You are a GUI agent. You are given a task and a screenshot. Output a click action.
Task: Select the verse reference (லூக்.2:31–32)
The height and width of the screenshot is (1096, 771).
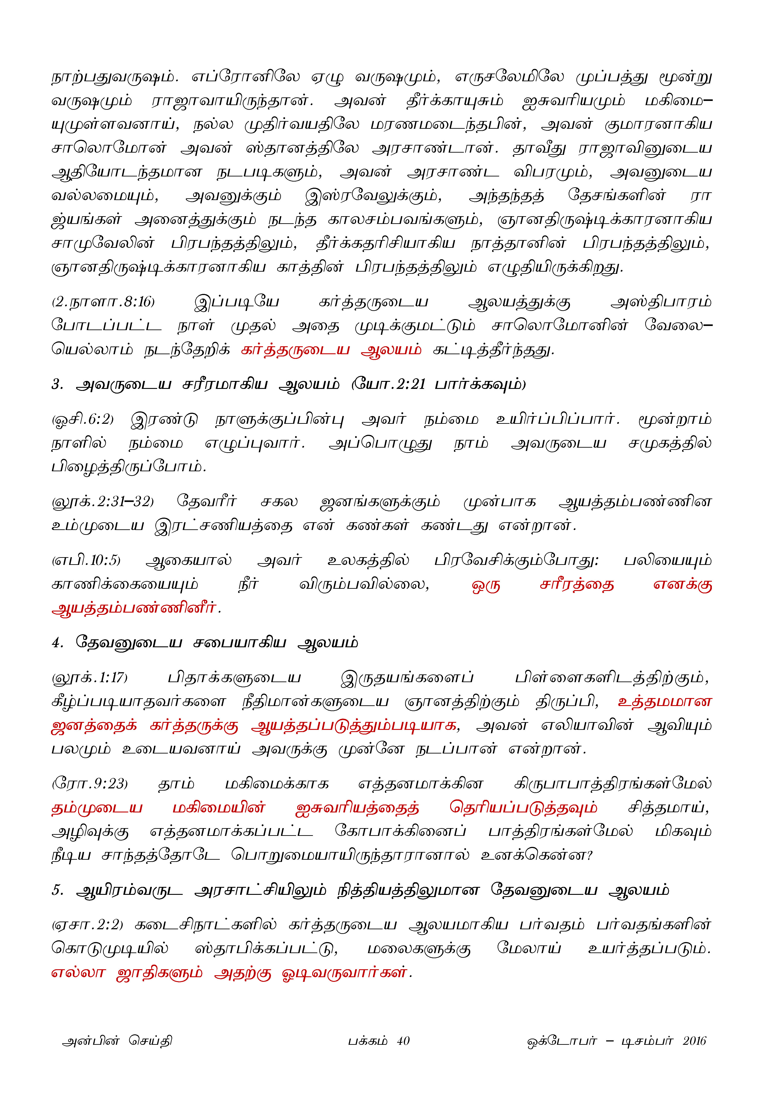[x=103, y=502]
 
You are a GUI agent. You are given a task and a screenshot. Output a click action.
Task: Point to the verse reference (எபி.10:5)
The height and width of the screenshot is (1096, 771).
[x=86, y=560]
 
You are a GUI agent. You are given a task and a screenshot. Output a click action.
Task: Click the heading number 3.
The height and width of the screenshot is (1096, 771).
[x=57, y=384]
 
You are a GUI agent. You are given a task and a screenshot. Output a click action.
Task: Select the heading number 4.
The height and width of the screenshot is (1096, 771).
[x=57, y=643]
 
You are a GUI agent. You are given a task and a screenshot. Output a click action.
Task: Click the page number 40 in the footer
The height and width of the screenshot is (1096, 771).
[x=403, y=1041]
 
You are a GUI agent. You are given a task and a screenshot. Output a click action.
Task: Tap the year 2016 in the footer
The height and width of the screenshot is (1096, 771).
[x=694, y=1041]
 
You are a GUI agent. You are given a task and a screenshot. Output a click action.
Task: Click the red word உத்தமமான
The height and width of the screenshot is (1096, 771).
[x=664, y=702]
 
